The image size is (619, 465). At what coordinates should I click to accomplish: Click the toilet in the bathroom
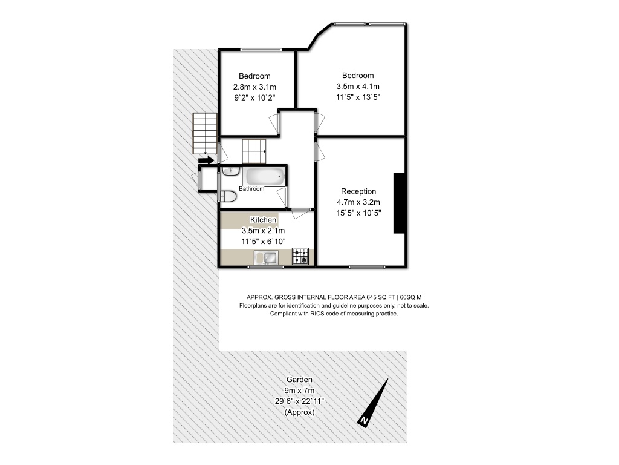point(228,196)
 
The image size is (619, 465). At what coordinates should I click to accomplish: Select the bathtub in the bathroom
point(264,176)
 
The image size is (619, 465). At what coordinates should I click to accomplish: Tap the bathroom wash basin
point(230,171)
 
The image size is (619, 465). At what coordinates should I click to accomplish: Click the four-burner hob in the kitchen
point(300,256)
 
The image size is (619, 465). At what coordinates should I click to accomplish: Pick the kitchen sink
point(266,258)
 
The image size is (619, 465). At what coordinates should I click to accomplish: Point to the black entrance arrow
point(206,160)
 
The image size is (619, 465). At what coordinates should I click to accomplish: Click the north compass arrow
point(372,403)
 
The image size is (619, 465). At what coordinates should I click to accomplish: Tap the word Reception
point(358,191)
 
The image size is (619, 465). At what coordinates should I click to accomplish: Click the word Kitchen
point(264,220)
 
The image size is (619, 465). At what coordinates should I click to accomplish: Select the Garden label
point(299,380)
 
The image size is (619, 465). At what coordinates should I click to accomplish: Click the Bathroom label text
point(251,189)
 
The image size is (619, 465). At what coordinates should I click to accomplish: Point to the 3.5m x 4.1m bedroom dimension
point(358,86)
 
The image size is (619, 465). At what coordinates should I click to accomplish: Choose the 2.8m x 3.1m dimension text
point(254,87)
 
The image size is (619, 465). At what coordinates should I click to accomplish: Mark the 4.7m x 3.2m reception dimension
point(358,202)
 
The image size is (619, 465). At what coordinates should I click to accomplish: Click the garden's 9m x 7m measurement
point(299,391)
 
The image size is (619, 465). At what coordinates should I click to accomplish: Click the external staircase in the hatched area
point(205,134)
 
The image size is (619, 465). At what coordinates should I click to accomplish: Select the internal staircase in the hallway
point(254,151)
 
